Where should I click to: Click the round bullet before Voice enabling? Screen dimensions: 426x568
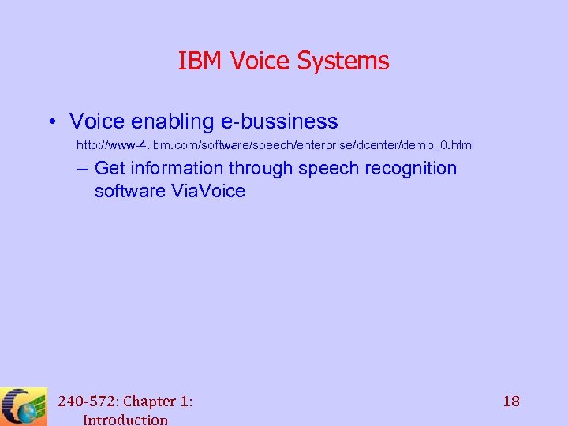[49, 121]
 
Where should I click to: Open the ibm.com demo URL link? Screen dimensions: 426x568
[275, 146]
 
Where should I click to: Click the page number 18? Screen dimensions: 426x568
[511, 401]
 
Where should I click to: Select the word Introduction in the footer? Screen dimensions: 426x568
[125, 419]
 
